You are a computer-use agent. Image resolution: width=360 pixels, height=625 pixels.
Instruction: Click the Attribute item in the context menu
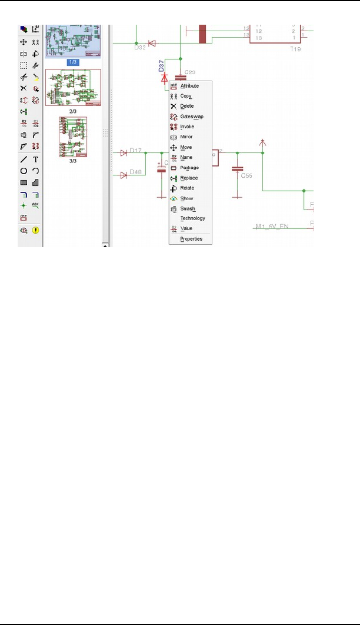[189, 86]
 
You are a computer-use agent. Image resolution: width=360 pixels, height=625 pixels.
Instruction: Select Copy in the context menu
[186, 96]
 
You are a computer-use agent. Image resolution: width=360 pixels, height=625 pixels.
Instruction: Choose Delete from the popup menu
[186, 106]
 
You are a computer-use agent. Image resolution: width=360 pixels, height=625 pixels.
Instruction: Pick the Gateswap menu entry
[192, 117]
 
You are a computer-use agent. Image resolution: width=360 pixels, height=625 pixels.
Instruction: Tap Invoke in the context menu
[187, 127]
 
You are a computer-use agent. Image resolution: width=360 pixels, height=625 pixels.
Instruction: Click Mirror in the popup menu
[186, 137]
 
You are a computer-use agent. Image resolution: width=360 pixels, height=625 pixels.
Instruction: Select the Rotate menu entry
[187, 188]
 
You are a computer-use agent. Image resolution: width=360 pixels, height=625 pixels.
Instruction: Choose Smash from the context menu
[188, 209]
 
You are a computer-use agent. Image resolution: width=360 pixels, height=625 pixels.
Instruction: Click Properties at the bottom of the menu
[191, 239]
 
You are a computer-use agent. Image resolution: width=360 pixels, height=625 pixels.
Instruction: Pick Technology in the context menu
[192, 218]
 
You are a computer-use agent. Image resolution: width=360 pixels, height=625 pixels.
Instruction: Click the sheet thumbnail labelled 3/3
[73, 137]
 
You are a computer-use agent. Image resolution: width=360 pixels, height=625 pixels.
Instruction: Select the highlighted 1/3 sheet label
[73, 61]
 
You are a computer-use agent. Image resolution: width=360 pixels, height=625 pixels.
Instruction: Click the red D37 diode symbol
[164, 78]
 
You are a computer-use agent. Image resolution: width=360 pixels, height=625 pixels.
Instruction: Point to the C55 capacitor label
[248, 175]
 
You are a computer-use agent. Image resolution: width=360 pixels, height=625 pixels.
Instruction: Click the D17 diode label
[136, 151]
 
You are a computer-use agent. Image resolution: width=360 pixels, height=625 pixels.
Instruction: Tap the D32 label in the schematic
[139, 47]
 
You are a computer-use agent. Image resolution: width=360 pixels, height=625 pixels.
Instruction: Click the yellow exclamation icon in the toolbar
[36, 230]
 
